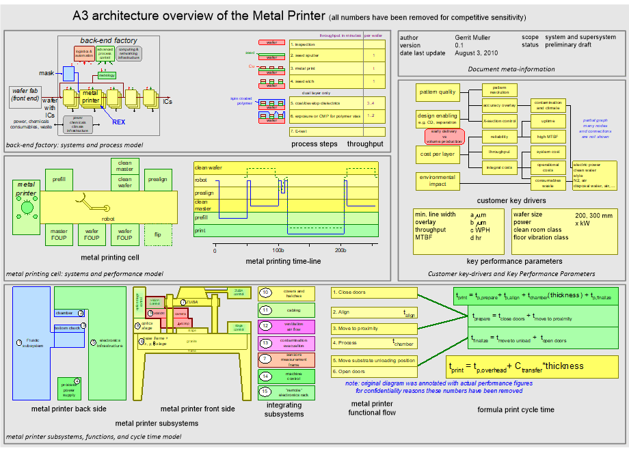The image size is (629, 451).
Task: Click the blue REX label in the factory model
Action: coord(119,122)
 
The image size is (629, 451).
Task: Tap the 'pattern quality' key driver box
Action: coord(437,92)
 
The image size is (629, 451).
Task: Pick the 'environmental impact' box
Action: coord(437,181)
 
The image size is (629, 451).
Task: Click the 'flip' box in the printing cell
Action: coord(157,234)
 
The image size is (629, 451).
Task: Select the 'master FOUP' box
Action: coord(59,234)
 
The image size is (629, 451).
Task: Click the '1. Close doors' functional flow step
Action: coord(373,292)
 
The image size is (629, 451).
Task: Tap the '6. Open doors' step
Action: coord(373,372)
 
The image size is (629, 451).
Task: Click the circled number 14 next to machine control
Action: coord(266,375)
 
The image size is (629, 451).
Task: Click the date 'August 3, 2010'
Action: coord(477,53)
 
